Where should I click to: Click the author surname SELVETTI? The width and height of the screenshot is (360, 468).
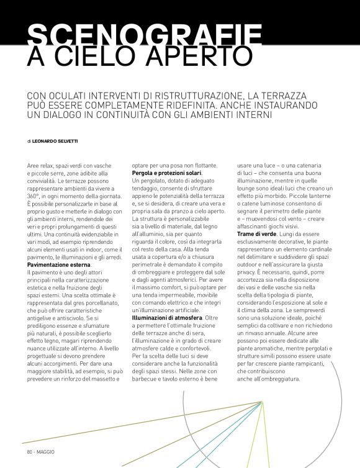point(65,142)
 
